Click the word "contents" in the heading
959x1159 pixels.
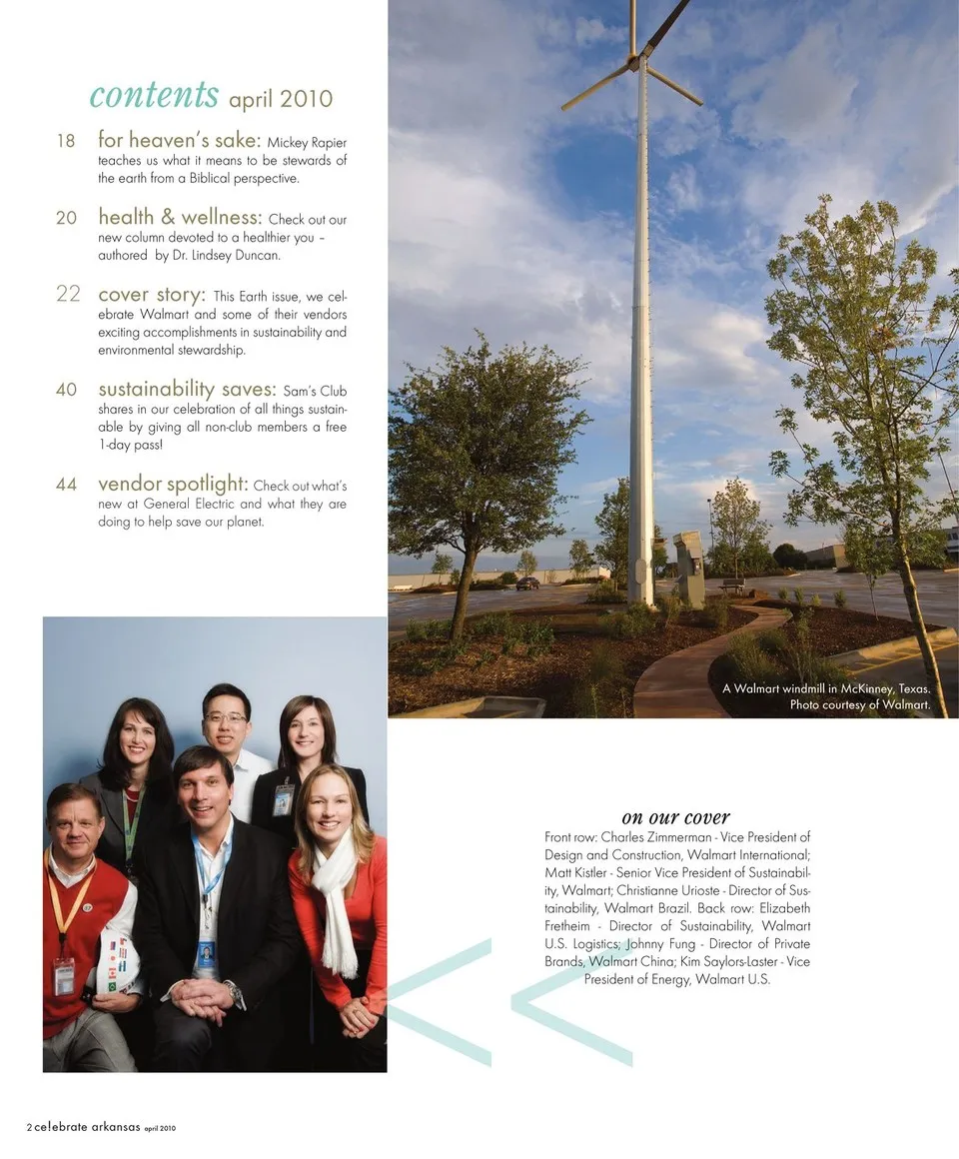[154, 95]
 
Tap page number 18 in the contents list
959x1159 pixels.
[66, 141]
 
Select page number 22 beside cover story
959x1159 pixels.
[68, 294]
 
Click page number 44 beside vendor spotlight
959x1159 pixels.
[66, 485]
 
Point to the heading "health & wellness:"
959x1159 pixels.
[180, 218]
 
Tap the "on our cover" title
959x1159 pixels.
[675, 817]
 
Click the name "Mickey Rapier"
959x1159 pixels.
[307, 142]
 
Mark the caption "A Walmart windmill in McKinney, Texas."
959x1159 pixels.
[826, 688]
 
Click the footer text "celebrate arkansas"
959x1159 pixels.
[87, 1127]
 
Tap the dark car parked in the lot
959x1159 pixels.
[527, 582]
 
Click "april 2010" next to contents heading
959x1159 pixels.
[281, 99]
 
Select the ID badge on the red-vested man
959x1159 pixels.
[64, 975]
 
